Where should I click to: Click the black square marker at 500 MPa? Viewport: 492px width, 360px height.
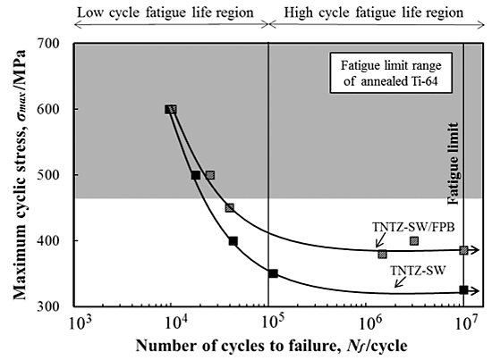click(x=196, y=175)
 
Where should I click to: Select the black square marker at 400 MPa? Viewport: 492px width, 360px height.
click(x=233, y=240)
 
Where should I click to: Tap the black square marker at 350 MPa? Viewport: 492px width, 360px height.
click(x=273, y=273)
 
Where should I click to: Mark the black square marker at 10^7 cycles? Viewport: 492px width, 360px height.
click(x=463, y=289)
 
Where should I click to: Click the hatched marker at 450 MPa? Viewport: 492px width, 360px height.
click(x=230, y=207)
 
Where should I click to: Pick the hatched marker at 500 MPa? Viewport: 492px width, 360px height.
click(x=210, y=175)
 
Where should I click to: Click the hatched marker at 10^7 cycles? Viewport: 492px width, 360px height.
click(x=463, y=250)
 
